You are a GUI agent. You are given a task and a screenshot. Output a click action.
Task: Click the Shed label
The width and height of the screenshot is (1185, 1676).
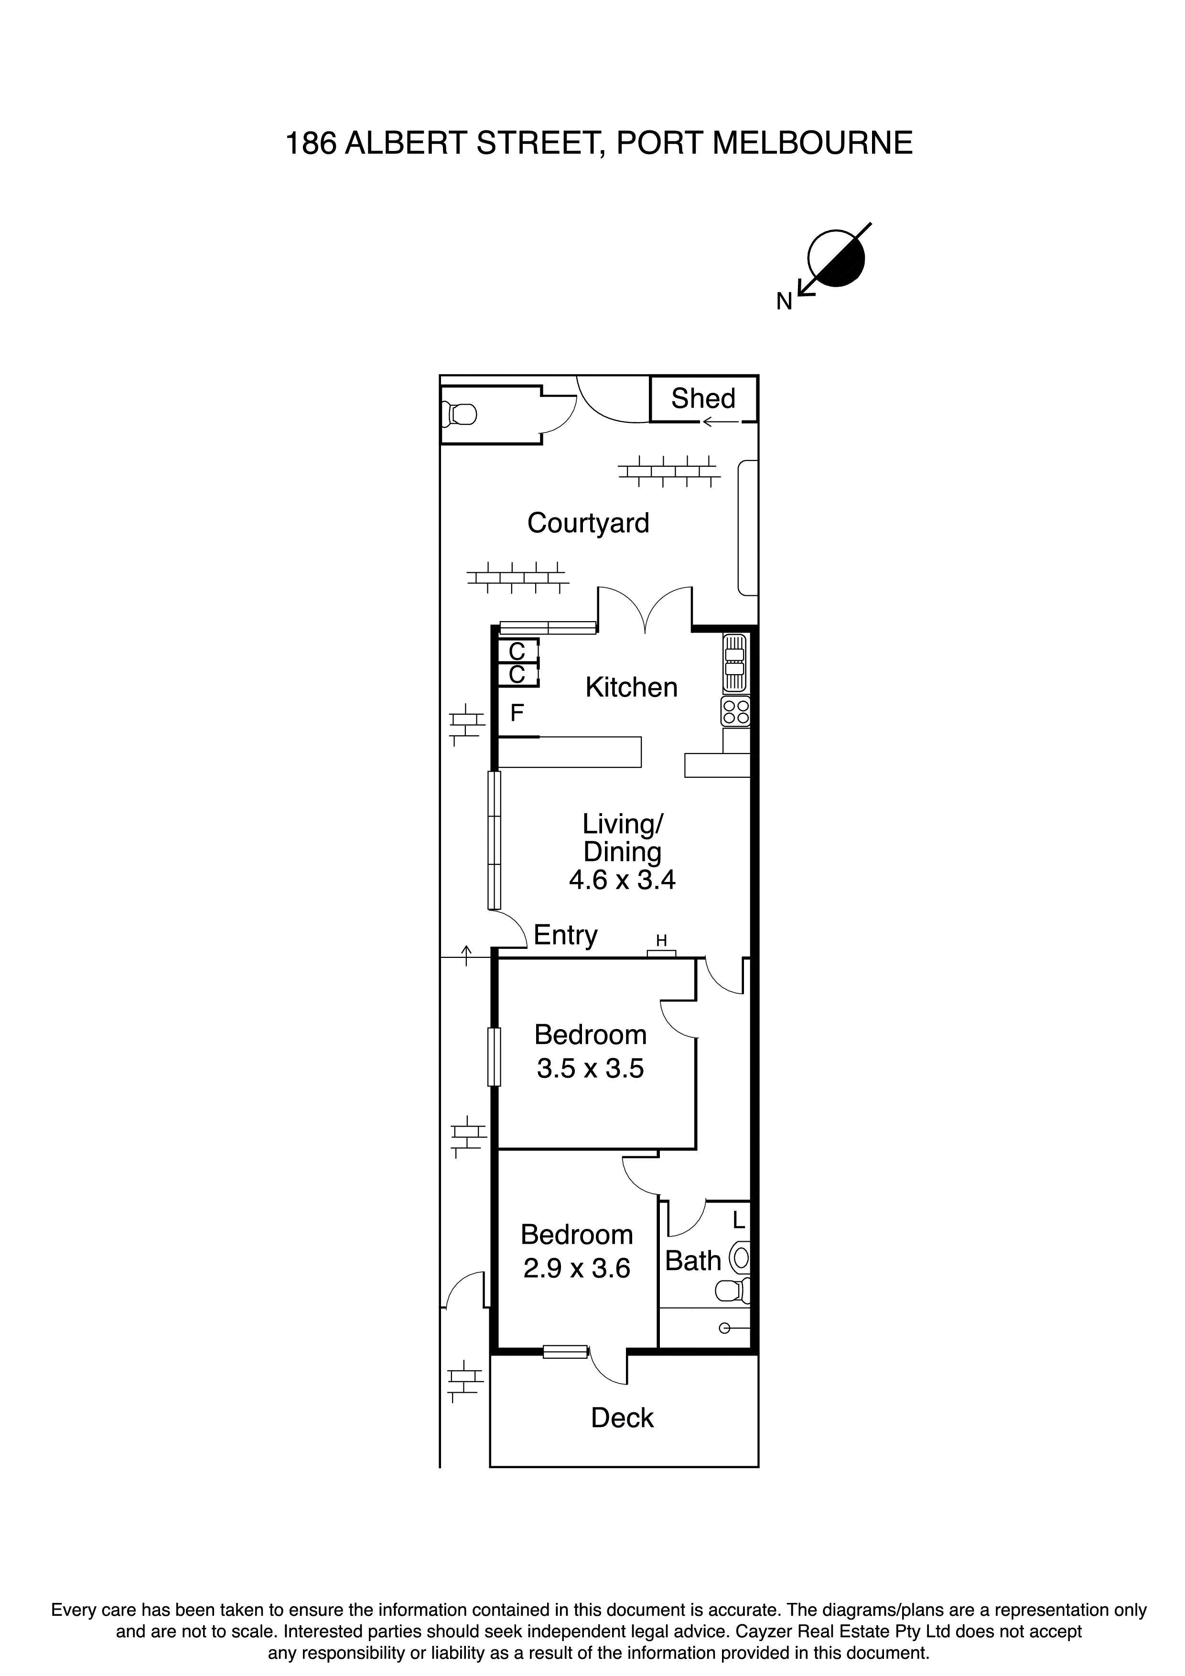click(x=702, y=398)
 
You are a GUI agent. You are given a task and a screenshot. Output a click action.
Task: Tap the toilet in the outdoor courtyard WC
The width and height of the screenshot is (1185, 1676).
click(x=460, y=415)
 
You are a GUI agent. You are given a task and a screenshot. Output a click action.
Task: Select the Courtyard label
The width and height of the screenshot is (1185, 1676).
click(x=588, y=523)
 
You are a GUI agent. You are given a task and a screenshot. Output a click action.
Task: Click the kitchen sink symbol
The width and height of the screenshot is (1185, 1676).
click(x=734, y=662)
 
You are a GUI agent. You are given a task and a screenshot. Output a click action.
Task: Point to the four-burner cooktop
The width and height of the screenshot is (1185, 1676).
click(x=735, y=712)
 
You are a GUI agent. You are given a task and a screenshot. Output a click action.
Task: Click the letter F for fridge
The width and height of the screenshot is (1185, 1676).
click(x=517, y=712)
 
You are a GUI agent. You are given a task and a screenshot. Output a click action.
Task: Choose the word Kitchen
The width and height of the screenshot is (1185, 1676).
click(x=631, y=688)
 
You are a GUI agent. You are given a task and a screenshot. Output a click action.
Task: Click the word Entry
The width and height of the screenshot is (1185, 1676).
click(x=565, y=935)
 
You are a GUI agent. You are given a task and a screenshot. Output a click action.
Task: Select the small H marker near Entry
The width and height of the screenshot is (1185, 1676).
click(x=661, y=941)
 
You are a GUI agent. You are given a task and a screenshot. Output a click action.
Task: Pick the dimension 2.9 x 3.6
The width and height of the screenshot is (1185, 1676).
click(x=576, y=1268)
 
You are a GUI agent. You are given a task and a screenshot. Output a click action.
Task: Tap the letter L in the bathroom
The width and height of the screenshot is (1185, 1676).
click(x=739, y=1220)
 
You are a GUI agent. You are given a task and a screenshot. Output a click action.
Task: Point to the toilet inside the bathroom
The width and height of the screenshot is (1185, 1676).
click(x=733, y=1290)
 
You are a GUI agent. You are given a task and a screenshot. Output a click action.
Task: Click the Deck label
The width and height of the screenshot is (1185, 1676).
click(x=622, y=1418)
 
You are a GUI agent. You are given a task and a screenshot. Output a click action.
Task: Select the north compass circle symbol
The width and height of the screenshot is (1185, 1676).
click(x=836, y=258)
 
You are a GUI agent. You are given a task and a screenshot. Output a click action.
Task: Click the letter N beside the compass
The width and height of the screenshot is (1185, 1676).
click(x=784, y=301)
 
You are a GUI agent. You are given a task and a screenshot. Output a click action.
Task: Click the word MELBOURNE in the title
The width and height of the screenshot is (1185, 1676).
click(x=812, y=143)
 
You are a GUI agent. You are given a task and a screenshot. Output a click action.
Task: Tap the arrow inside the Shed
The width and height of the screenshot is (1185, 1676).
click(x=720, y=422)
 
